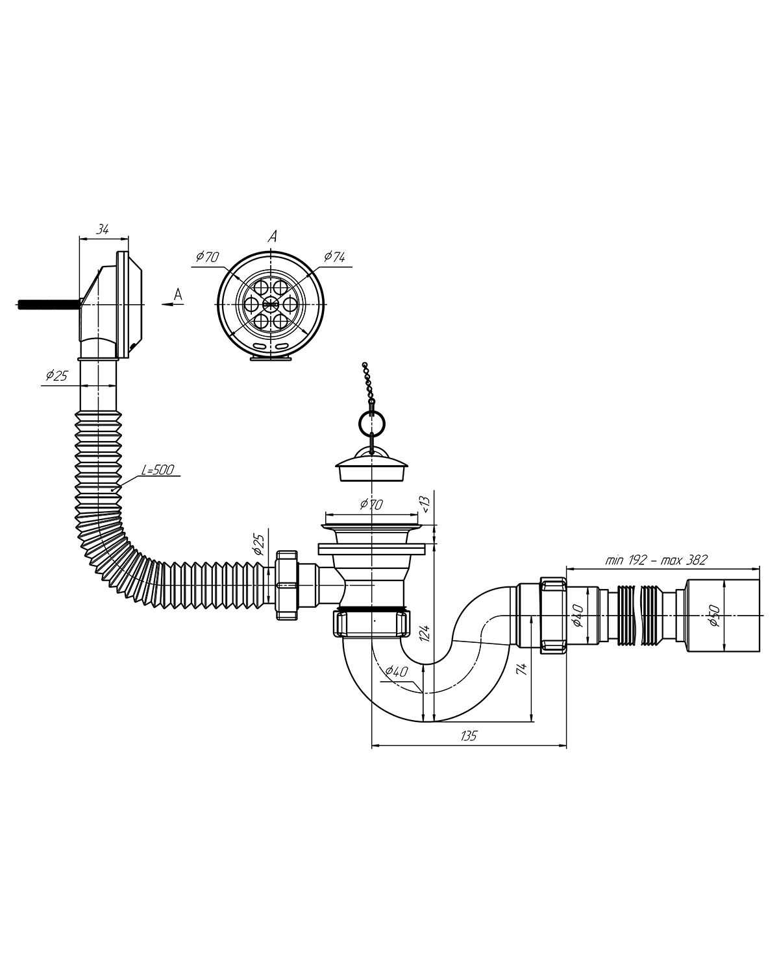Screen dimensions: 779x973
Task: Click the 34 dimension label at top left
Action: [x=103, y=230]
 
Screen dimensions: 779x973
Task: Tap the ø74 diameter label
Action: [x=334, y=257]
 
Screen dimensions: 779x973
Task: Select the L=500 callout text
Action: [x=158, y=470]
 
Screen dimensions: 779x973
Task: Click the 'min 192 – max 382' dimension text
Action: [x=656, y=560]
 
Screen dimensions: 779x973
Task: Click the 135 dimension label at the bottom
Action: [x=469, y=749]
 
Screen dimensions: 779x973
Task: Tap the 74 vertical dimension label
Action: [x=522, y=669]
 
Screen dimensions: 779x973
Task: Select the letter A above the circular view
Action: [x=272, y=236]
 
